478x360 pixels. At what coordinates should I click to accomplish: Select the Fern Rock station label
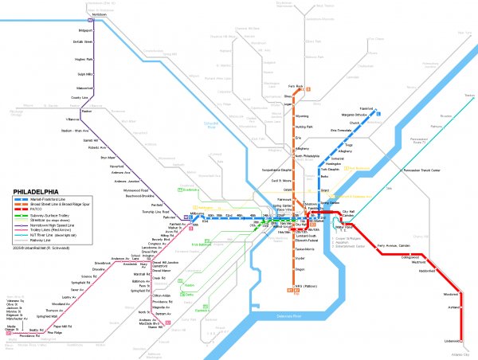point(296,85)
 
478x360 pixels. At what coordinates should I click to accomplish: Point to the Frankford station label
point(388,108)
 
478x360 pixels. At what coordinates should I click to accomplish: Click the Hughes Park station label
point(85,59)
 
